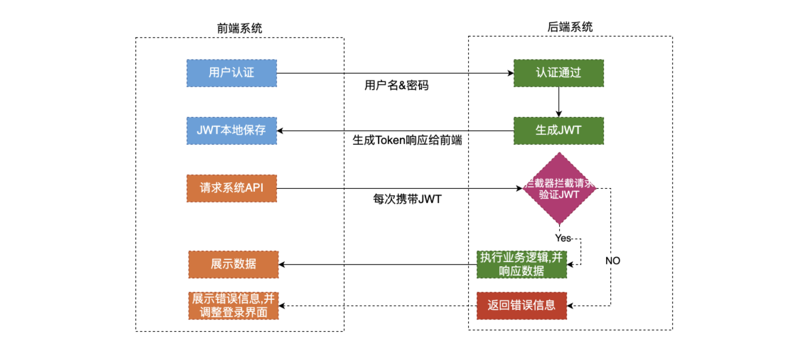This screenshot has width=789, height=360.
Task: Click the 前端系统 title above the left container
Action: tap(239, 28)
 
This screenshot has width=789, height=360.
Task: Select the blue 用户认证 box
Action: tap(232, 73)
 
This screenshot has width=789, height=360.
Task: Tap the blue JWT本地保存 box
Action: tap(232, 130)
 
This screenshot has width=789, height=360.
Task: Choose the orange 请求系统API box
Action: tap(232, 188)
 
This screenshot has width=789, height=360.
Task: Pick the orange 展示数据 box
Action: tap(233, 264)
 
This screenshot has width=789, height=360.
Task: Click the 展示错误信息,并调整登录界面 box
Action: tap(233, 305)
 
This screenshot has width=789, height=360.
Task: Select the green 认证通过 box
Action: tap(559, 73)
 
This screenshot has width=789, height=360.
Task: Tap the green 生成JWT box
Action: tap(559, 130)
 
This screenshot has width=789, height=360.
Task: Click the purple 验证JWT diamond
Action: tap(559, 189)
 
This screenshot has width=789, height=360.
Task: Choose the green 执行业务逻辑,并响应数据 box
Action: tap(522, 265)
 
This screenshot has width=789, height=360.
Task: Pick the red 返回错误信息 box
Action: tap(522, 305)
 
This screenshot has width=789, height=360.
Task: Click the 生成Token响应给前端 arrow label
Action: tap(407, 140)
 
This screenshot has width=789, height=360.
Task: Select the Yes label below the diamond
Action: tap(563, 238)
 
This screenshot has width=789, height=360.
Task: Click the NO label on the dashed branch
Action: tap(612, 260)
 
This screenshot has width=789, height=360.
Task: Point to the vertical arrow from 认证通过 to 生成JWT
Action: tap(559, 102)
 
